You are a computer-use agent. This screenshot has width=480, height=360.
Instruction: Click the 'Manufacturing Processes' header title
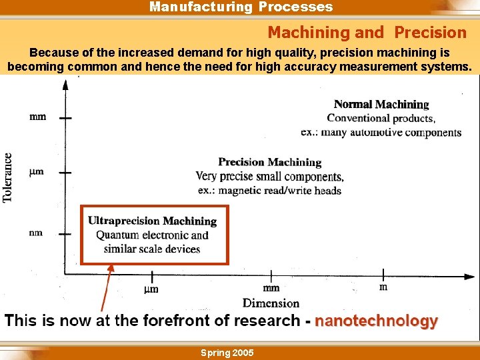[x=241, y=7]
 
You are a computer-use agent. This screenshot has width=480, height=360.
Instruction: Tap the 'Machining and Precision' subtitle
[x=367, y=32]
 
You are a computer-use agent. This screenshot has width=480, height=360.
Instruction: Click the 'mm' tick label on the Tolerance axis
[x=38, y=117]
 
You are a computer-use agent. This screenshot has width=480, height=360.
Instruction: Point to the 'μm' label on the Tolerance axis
[x=37, y=172]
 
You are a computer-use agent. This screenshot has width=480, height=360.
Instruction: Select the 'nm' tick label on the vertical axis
[x=36, y=233]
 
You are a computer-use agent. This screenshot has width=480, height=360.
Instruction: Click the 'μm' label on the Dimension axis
[x=151, y=289]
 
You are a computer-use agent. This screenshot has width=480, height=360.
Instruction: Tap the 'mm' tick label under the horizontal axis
[x=271, y=289]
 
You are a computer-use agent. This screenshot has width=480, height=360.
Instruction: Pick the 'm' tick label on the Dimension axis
[x=383, y=287]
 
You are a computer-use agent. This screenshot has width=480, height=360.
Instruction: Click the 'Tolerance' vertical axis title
[x=8, y=177]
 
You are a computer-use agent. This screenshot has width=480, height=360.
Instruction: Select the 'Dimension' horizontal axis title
[x=271, y=303]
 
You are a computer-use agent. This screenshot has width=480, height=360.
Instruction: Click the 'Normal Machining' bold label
[x=381, y=105]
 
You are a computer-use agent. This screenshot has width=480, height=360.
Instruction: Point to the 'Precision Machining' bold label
[x=269, y=162]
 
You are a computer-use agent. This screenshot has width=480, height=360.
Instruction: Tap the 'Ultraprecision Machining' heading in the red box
[x=153, y=221]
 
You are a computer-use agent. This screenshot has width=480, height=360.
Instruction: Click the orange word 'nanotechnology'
[x=376, y=321]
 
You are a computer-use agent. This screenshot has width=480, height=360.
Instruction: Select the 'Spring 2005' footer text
[x=227, y=353]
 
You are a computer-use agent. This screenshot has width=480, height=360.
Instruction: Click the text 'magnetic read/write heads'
[x=280, y=191]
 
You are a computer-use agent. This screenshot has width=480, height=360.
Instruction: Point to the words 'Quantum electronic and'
[x=152, y=235]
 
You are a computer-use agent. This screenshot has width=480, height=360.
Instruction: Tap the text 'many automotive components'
[x=391, y=132]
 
